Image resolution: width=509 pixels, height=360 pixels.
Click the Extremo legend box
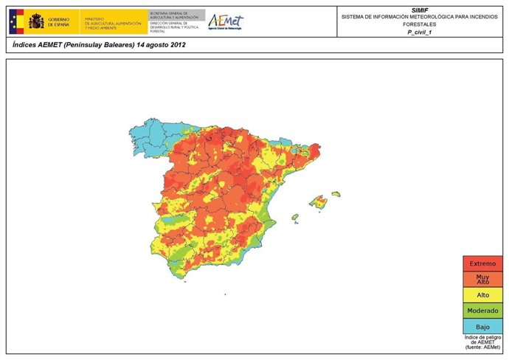484,263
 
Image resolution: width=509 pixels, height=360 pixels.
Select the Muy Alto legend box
484,279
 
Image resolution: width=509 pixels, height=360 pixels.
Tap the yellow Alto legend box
484,295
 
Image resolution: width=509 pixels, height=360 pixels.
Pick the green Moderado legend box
484,311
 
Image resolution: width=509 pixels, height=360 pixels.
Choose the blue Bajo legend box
484,326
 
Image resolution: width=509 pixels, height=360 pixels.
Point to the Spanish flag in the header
17,21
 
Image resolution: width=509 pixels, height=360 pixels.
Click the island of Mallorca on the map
319,201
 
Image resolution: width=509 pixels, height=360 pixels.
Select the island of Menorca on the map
336,194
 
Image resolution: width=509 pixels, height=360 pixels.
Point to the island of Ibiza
295,218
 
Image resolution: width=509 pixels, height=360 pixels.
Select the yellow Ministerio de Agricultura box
114,22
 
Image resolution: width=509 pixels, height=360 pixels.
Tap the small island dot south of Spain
225,294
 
